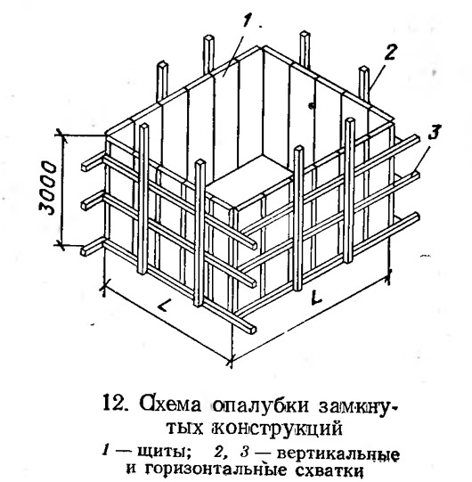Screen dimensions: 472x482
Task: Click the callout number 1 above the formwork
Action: click(247, 21)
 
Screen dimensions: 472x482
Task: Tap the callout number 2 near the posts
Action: click(388, 53)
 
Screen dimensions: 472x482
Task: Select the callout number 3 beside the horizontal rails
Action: click(434, 132)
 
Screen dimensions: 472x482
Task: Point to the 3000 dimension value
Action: click(48, 187)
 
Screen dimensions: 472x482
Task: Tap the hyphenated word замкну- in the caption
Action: click(357, 405)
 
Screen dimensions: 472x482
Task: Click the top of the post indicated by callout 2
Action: click(363, 69)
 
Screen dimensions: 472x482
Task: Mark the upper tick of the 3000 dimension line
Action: click(61, 135)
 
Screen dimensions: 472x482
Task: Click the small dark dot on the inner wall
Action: click(312, 106)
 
